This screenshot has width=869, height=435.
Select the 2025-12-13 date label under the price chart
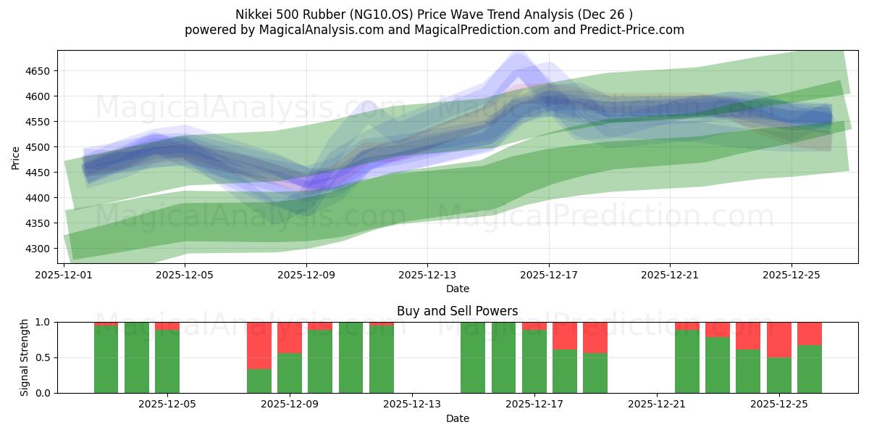coord(427,275)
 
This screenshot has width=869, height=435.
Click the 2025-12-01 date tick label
coord(64,275)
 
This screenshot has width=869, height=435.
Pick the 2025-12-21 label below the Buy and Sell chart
coord(656,405)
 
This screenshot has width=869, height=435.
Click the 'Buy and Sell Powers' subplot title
coord(458,311)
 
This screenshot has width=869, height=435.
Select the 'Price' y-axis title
coord(16,157)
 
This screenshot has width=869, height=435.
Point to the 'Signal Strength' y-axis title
coord(25,357)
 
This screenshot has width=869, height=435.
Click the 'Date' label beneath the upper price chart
coord(458,289)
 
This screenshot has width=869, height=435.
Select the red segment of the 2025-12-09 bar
coord(290,337)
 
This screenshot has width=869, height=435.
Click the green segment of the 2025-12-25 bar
coord(779,375)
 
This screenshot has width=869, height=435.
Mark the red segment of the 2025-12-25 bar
coord(779,339)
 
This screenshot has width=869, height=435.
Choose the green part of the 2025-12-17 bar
coord(534,362)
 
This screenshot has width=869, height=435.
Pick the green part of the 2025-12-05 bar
coord(167,362)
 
